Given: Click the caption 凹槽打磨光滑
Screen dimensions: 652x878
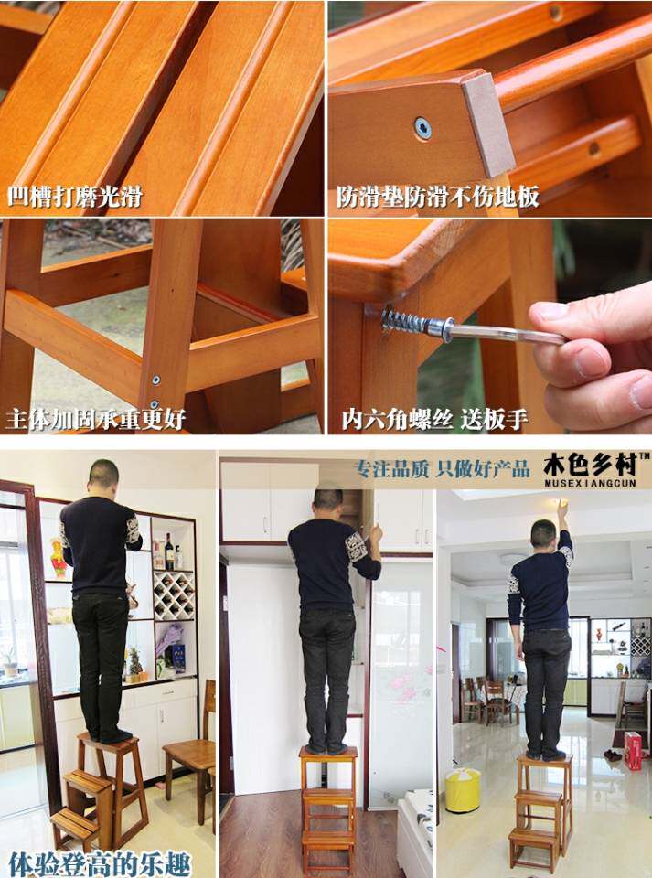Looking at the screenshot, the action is [74, 197].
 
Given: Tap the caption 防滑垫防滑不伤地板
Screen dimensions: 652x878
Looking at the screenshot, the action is [438, 197].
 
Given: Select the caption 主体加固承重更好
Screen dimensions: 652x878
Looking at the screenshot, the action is [96, 418].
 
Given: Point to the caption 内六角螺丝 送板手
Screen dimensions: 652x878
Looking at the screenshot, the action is [435, 419].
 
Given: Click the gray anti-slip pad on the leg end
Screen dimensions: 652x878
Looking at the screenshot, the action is [487, 126].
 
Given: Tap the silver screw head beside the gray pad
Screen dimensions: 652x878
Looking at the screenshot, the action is [423, 128].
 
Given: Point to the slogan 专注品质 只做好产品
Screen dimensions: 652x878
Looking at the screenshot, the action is [443, 469].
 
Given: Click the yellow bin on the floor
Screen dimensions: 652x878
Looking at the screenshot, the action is [463, 790].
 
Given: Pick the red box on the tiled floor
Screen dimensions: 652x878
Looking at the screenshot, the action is [633, 750].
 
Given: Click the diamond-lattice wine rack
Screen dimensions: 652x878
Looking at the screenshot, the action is [174, 595].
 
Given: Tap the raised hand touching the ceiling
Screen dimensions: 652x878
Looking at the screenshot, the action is [561, 509].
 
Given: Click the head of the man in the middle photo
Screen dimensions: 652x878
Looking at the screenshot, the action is [328, 499].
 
